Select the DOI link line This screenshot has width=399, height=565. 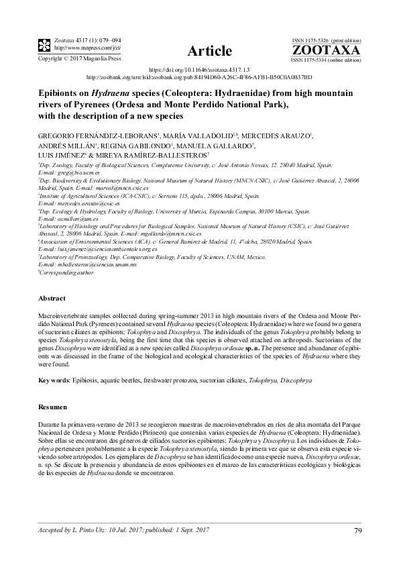[198, 69]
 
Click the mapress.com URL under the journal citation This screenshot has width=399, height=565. [78, 48]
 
